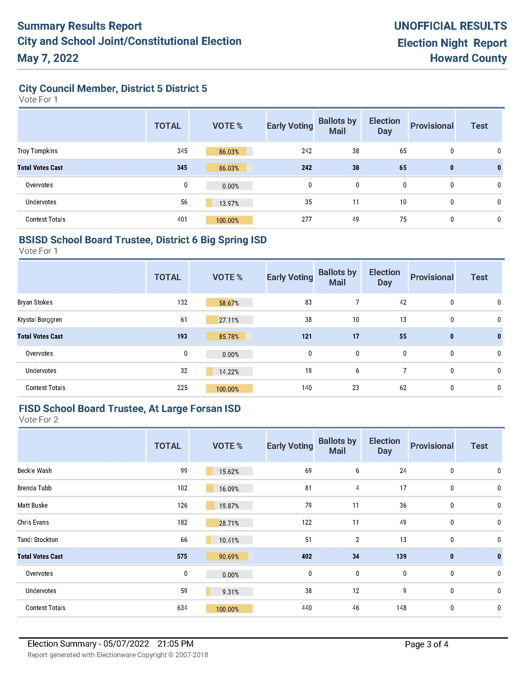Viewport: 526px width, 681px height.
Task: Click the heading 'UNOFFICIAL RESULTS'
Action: pos(450,26)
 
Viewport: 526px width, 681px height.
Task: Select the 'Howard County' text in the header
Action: pos(468,58)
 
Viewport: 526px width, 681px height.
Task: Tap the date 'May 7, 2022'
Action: pos(48,58)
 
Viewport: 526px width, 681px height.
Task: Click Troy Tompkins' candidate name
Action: pos(37,151)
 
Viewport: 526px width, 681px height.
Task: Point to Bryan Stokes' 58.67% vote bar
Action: pos(229,303)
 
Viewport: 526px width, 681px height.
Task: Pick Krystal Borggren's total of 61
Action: pos(184,320)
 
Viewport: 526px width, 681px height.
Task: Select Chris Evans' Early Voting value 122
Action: pos(307,522)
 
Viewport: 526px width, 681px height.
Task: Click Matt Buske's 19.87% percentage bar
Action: pos(229,506)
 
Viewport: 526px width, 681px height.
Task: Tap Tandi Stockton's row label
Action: pos(38,540)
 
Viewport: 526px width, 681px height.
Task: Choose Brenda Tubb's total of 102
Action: pos(182,488)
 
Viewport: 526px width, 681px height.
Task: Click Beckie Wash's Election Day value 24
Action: pos(403,471)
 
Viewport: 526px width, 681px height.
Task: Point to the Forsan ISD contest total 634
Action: pos(182,608)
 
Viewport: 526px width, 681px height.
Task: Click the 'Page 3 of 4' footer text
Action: pos(427,644)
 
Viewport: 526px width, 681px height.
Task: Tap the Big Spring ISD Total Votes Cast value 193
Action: pos(182,336)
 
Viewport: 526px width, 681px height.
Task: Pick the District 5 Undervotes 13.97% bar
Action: pos(229,203)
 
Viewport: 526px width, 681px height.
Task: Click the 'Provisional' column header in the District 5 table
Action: pos(432,126)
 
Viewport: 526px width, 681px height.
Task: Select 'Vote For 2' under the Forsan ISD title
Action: pos(39,420)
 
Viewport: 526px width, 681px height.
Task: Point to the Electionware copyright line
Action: pos(118,655)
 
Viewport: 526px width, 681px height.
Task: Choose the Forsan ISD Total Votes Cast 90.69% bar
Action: pos(229,557)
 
